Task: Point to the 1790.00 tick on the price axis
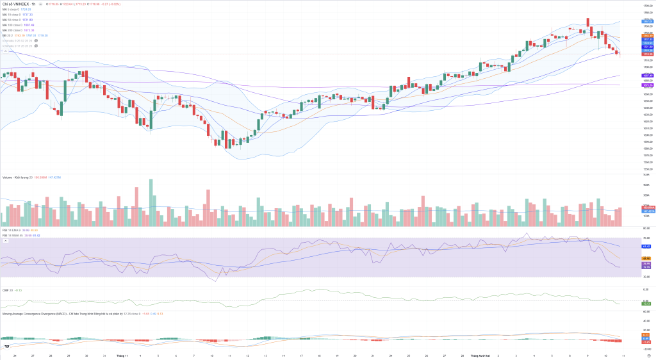point(646,6)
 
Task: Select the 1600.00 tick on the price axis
point(646,135)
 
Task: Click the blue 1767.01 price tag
point(648,21)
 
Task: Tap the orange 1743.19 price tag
point(648,36)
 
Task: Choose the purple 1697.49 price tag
point(648,76)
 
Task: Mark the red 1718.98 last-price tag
point(648,54)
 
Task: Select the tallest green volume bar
point(151,202)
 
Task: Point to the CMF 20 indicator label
point(7,290)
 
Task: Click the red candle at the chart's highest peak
point(587,23)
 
